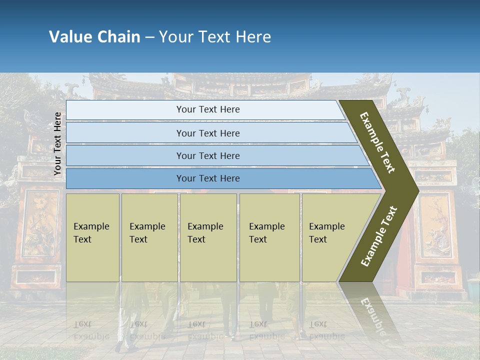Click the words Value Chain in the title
click(94, 37)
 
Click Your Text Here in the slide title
click(215, 37)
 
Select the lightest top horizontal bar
click(208, 109)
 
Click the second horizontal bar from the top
click(208, 133)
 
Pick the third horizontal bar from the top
click(208, 155)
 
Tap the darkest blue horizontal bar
click(208, 178)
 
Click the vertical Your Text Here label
click(57, 143)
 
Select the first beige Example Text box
click(92, 237)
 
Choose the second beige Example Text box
click(149, 237)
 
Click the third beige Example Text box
click(207, 237)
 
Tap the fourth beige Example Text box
click(269, 237)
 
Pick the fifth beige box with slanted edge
click(330, 237)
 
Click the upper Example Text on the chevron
click(377, 142)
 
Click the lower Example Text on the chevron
click(379, 236)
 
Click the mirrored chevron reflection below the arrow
click(372, 307)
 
